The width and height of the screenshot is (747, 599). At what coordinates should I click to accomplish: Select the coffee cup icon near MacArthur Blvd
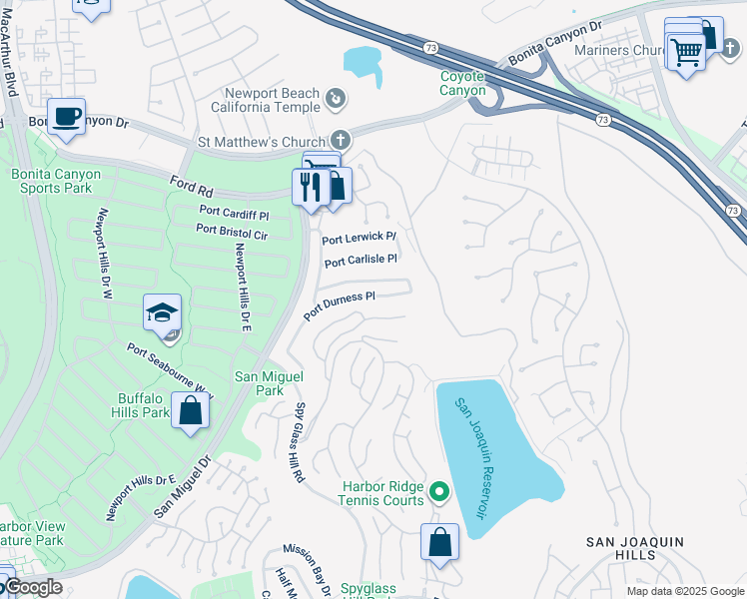[67, 117]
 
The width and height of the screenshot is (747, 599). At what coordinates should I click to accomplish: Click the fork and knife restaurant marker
[311, 187]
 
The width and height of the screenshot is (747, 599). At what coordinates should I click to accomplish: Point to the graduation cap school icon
[162, 313]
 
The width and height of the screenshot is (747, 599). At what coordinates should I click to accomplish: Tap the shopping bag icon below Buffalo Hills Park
[190, 409]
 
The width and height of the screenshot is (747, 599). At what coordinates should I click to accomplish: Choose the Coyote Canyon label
[463, 83]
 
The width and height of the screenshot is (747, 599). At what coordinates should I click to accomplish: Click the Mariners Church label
[619, 50]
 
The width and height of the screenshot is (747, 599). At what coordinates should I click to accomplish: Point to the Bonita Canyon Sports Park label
[56, 181]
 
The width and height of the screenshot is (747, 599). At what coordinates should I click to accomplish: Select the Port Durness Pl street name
[340, 306]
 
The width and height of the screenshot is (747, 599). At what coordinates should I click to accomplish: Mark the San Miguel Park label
[268, 383]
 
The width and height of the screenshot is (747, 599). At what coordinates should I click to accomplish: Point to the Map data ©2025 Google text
[684, 591]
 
